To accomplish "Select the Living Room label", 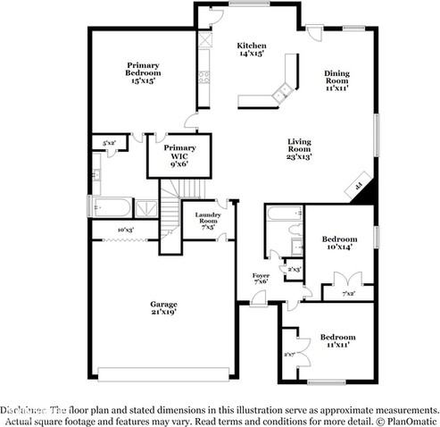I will point(300,149).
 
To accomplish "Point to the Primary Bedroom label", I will point(142,72).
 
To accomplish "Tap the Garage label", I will point(162,309).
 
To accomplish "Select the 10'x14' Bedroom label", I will point(339,244).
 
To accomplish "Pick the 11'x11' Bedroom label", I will point(337,341).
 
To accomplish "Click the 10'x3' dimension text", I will point(125,230).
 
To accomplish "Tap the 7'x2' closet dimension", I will point(349,293).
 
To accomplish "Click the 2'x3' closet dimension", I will point(292,269).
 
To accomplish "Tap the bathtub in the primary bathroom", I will point(111,208).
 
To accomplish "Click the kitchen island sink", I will point(283,88).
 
